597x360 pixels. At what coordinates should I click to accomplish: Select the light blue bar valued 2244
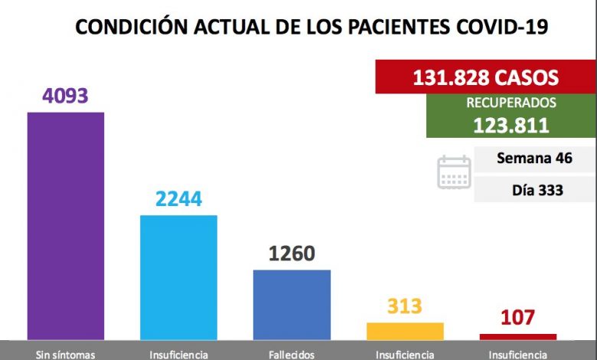coord(179,277)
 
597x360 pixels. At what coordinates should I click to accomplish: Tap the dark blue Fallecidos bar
coord(292,303)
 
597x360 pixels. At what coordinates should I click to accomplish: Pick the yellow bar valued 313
coord(405,331)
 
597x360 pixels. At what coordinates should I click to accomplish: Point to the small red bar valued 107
coord(518,336)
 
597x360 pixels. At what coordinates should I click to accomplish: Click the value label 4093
coord(66,97)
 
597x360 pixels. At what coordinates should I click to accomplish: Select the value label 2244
coord(178,199)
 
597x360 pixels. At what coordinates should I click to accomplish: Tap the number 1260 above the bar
coord(292,254)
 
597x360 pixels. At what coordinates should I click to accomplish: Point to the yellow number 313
coord(405,306)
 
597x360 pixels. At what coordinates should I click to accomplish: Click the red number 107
coord(518,318)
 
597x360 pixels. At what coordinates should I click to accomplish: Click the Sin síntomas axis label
coord(66,354)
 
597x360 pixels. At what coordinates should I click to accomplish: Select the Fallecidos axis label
coord(292,354)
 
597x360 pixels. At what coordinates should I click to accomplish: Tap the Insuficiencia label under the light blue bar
coord(179,354)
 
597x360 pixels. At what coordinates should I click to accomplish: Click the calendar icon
coord(454,172)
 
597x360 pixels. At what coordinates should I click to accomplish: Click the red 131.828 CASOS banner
coord(485,77)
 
